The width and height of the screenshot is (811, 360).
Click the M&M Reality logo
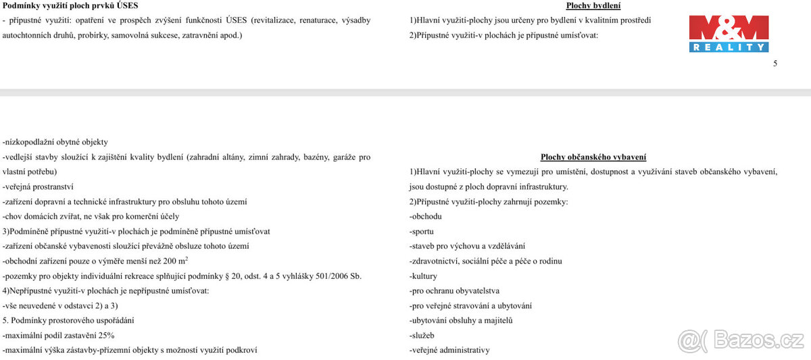coord(729,34)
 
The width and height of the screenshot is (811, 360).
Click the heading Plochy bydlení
coord(593,6)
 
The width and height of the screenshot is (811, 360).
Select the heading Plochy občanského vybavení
coord(593,157)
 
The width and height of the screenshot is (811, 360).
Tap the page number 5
coord(775,63)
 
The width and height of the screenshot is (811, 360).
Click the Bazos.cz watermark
coord(741,341)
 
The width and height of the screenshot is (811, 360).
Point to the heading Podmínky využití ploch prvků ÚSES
coord(70,6)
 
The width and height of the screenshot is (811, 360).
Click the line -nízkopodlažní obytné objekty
coord(55,143)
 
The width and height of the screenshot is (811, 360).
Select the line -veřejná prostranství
coord(38,187)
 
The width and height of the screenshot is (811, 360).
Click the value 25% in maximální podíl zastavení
coord(105,336)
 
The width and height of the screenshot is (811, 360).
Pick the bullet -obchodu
coord(426,217)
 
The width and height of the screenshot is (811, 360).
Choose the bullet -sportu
coord(422,232)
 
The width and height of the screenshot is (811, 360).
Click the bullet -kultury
coord(423,276)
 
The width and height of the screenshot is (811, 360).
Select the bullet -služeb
coord(422,336)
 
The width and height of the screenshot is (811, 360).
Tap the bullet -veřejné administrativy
coord(449,351)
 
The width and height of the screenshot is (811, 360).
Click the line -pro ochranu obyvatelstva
coord(454,291)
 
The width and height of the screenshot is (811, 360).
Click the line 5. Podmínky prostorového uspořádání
coord(68,321)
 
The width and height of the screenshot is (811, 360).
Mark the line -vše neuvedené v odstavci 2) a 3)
coord(61,306)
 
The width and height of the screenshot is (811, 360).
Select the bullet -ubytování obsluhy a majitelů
coord(461,321)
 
